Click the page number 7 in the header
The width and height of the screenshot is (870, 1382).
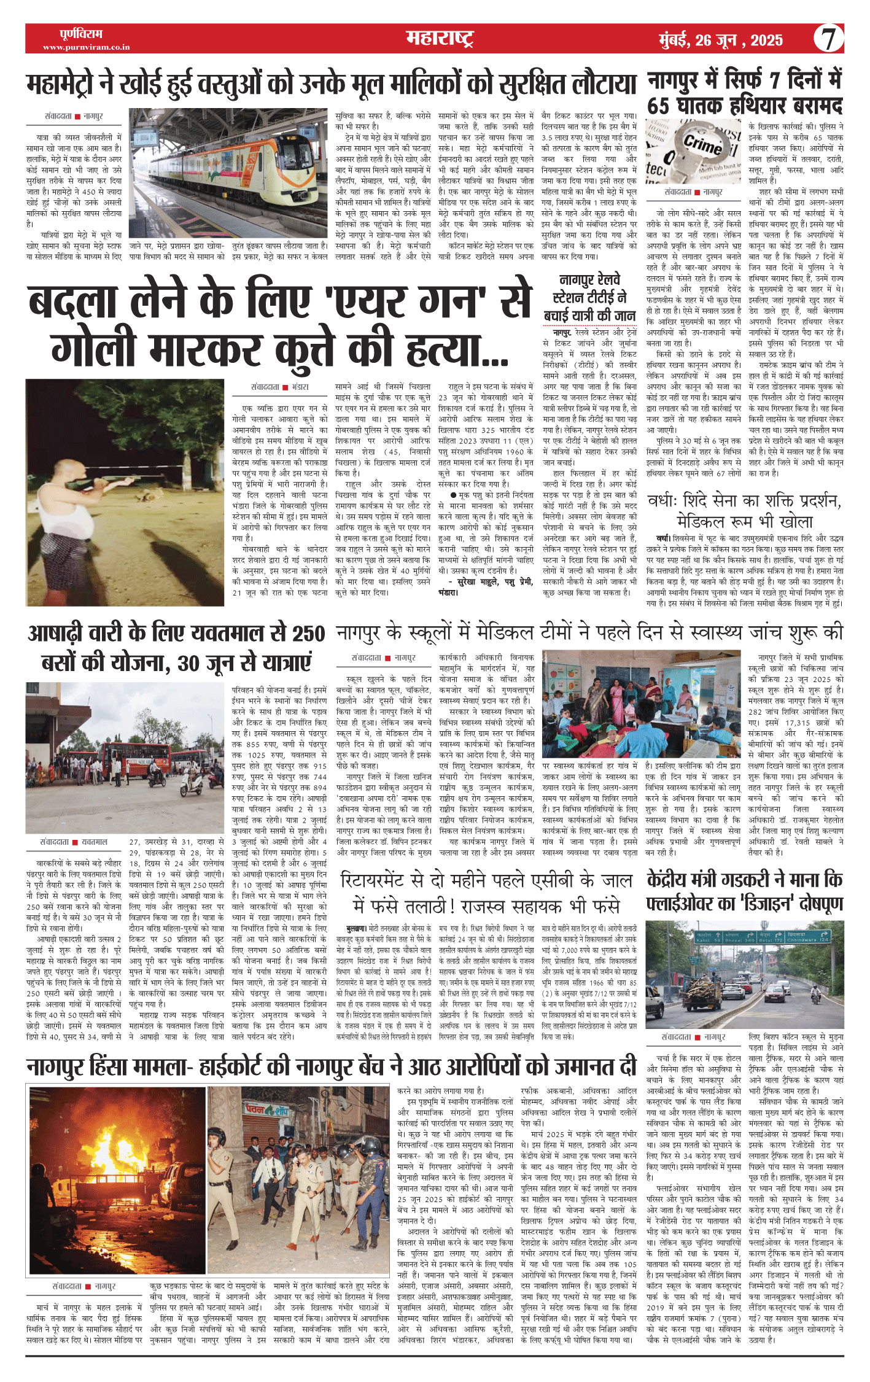click(828, 39)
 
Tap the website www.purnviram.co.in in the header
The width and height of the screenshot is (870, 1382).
click(86, 47)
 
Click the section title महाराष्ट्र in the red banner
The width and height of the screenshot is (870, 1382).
click(439, 39)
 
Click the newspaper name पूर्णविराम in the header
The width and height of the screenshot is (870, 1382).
click(81, 34)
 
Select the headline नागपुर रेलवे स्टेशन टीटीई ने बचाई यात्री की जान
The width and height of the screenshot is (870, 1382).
click(589, 298)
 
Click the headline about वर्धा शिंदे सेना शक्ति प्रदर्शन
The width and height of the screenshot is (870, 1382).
click(745, 511)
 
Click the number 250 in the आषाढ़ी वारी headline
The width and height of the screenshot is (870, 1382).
click(308, 634)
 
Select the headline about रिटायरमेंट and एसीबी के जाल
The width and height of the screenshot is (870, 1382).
click(486, 892)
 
